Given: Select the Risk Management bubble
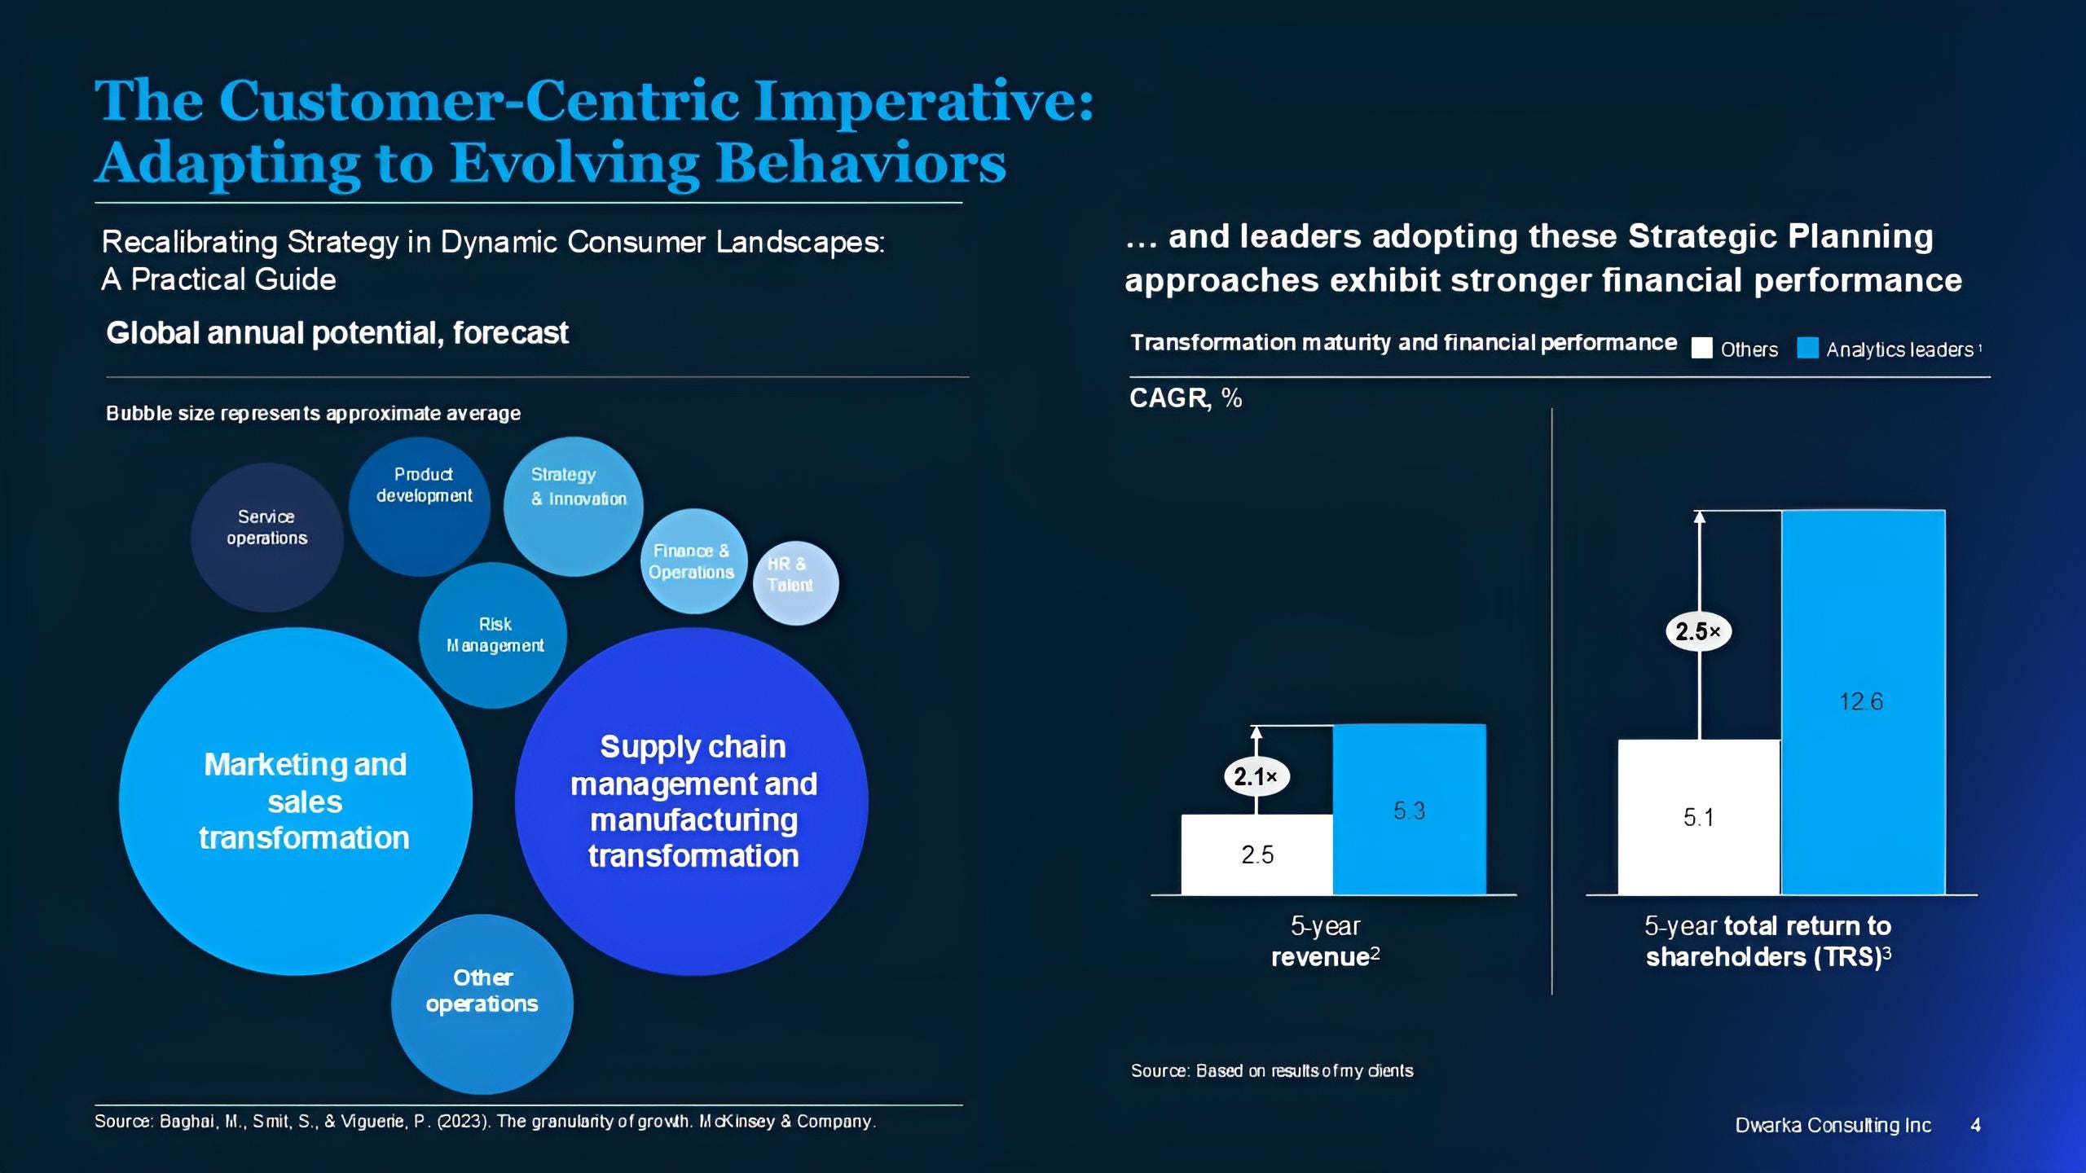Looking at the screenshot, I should click(493, 635).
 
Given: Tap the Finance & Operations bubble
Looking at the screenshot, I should click(693, 562).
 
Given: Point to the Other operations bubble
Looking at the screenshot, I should click(482, 1004).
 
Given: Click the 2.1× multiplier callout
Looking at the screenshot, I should click(1256, 776).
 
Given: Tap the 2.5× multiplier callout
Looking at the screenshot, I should click(1698, 631).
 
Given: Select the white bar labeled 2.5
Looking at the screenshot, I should click(1256, 854).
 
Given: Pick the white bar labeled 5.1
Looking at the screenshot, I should click(1698, 817).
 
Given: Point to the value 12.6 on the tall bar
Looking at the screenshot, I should click(1861, 701).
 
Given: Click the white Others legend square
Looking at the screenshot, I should click(1701, 349).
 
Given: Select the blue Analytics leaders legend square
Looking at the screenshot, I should click(1807, 349).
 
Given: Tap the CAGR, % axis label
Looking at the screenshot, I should click(1186, 398).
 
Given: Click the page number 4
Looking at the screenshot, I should click(1975, 1125).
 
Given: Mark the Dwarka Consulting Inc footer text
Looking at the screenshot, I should click(1833, 1125).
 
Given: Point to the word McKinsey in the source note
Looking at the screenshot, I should click(738, 1122).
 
